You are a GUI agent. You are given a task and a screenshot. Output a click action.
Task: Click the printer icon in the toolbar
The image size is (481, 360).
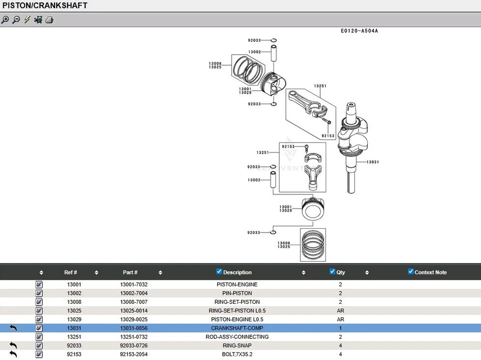click(x=49, y=20)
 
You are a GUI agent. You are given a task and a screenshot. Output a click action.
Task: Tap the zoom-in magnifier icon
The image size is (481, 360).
click(x=5, y=20)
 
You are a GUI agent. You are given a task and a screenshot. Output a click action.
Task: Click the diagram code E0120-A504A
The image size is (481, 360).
click(x=359, y=31)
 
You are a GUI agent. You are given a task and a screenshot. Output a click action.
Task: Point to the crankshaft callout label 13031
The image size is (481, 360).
click(x=373, y=162)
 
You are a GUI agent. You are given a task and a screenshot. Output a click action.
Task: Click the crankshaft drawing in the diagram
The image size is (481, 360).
click(x=351, y=145)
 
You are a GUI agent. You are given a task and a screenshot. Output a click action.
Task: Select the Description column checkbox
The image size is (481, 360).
click(x=219, y=272)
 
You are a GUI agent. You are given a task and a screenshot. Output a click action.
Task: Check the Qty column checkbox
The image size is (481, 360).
click(x=332, y=272)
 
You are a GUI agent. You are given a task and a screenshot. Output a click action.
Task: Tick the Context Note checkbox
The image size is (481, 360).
click(x=411, y=272)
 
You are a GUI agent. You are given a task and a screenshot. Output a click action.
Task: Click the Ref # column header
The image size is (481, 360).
click(x=71, y=272)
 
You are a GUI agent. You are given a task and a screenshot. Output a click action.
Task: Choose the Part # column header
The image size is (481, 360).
click(x=130, y=272)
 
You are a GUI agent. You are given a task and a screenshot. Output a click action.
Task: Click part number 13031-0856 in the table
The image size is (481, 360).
click(x=134, y=328)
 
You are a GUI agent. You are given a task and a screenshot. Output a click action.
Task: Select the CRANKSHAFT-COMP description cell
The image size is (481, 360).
click(x=237, y=328)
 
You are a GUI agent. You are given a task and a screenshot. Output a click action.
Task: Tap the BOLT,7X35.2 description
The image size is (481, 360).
click(x=237, y=354)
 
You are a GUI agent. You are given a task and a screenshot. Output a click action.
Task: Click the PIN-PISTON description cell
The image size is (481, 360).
click(x=237, y=293)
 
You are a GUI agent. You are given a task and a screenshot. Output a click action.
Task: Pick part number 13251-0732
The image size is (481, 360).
click(x=134, y=337)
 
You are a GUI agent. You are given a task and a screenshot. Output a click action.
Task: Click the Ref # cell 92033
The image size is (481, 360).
click(x=74, y=345)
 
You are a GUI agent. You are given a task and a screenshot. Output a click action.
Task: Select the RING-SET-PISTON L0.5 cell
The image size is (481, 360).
click(x=237, y=311)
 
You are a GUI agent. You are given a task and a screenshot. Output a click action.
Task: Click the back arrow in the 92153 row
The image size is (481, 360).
click(x=14, y=354)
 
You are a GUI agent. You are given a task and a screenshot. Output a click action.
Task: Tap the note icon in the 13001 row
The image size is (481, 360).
click(x=39, y=284)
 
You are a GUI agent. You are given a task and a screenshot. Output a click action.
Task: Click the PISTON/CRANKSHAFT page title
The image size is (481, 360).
click(x=45, y=6)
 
